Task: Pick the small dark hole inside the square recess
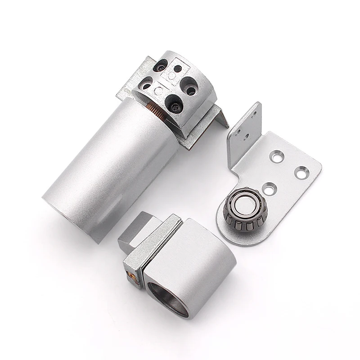coord(177,69)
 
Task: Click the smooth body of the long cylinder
coord(103,171)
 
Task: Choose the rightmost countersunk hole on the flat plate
coord(301,171)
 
